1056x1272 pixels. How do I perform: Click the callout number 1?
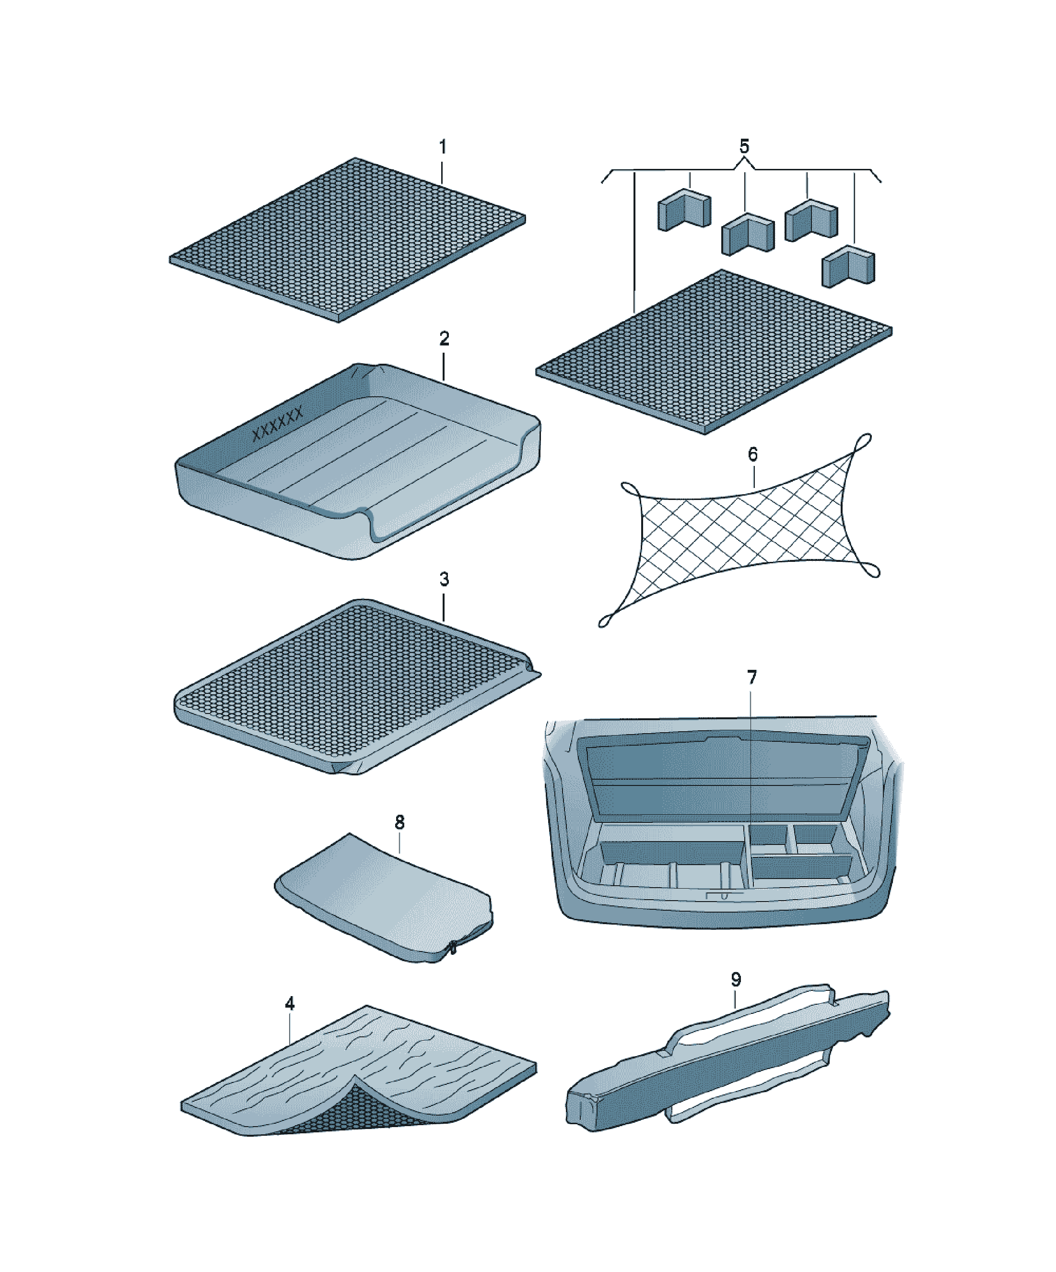[443, 147]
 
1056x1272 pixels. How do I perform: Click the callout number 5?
[744, 146]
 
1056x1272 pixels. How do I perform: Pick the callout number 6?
[752, 454]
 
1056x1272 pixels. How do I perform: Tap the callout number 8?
[399, 822]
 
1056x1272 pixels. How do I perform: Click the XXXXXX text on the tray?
[277, 423]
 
